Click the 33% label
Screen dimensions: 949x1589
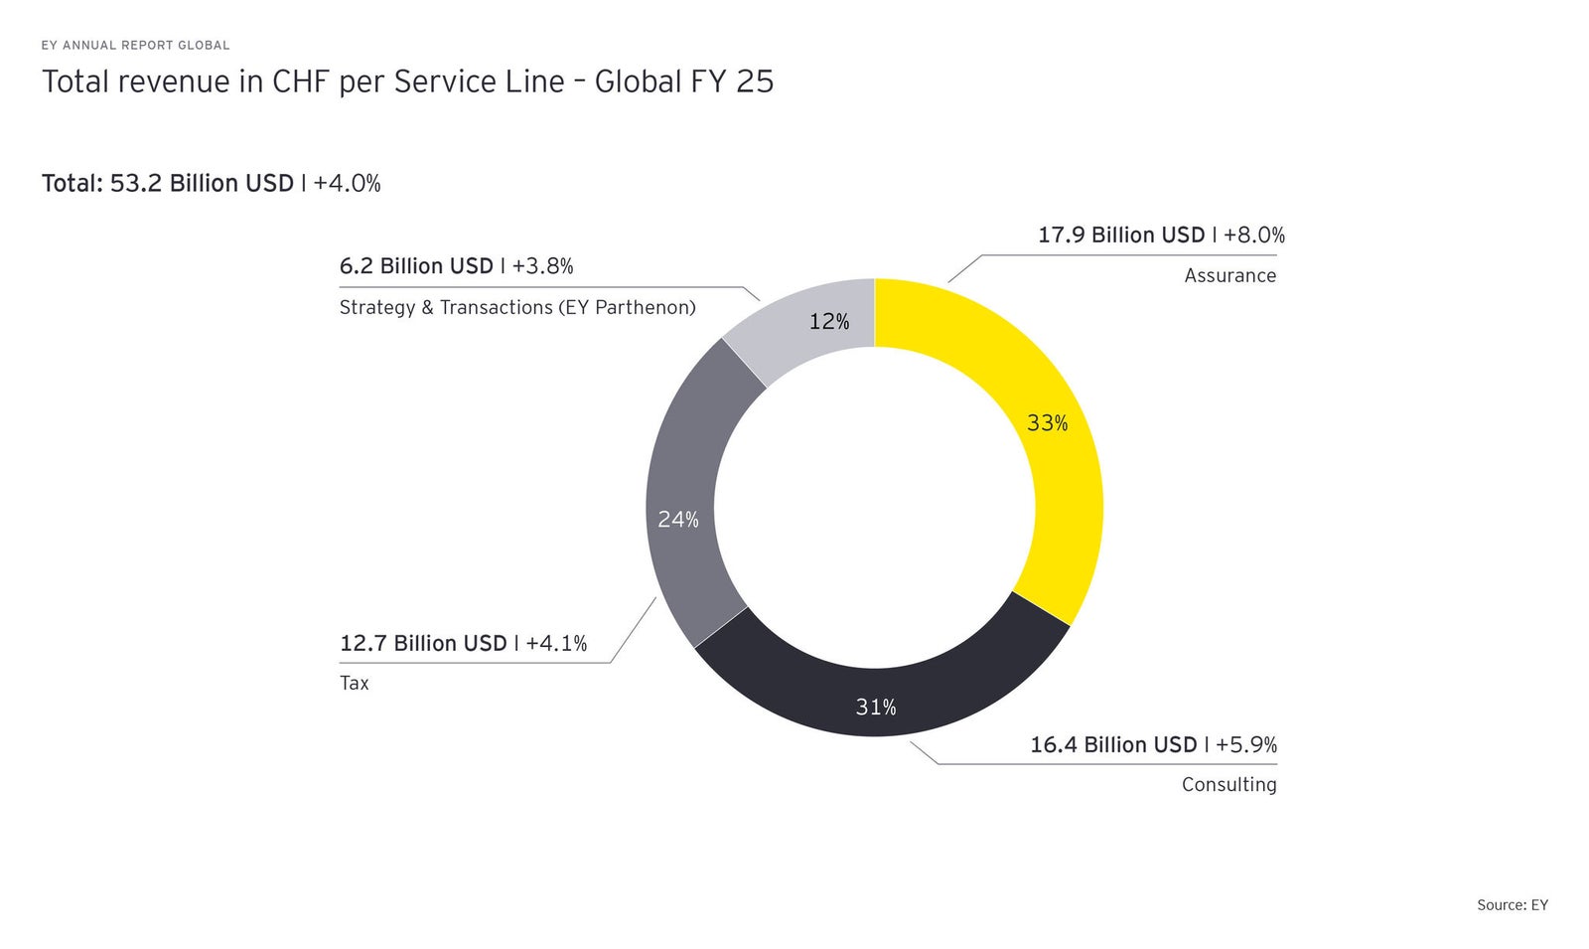point(1047,423)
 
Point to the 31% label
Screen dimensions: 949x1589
point(876,707)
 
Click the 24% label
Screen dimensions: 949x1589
point(678,519)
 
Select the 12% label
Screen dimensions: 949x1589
point(829,321)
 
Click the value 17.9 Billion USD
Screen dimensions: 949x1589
point(1121,236)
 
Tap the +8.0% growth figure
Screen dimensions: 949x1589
point(1254,236)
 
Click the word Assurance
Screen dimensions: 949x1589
point(1229,275)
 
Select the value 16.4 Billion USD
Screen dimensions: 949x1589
point(1113,745)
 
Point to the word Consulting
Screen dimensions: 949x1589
point(1228,785)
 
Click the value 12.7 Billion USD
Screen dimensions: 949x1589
point(423,644)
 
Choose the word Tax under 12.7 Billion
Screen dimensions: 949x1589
point(354,684)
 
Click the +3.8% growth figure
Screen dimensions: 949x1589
point(542,266)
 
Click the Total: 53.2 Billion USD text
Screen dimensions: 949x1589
point(168,184)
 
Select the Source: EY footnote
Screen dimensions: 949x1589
point(1512,904)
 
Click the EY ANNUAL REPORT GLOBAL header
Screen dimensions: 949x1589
point(135,45)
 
